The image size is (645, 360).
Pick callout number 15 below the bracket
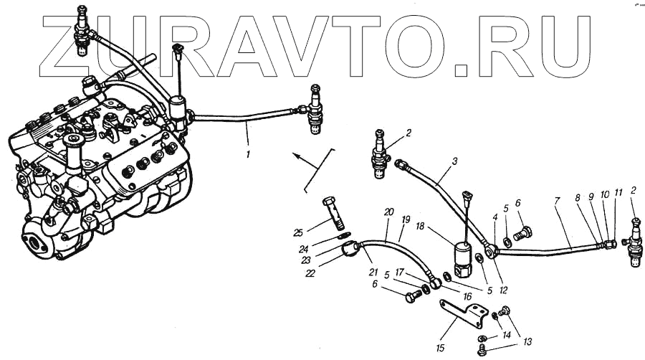pos(440,348)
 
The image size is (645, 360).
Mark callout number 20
pos(389,212)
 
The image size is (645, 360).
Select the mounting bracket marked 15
pos(466,313)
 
